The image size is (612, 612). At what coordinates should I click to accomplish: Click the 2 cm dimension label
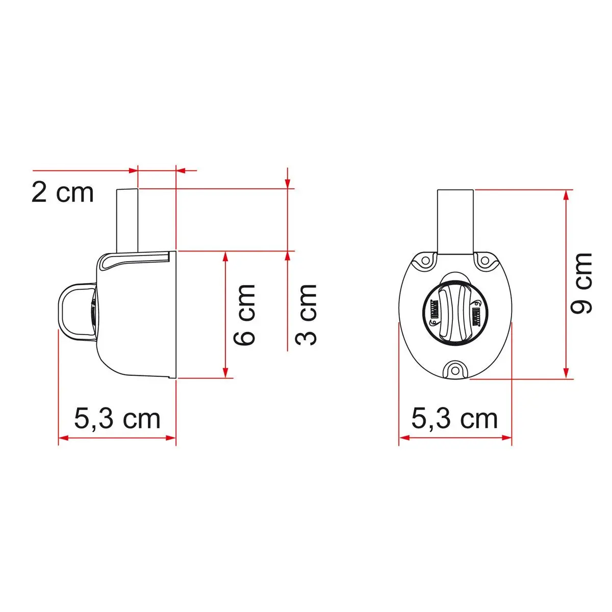pyautogui.click(x=63, y=193)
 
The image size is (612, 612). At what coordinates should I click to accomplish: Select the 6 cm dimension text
pyautogui.click(x=244, y=315)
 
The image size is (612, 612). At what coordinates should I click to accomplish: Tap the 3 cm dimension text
pyautogui.click(x=306, y=315)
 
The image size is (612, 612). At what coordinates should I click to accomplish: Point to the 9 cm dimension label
pyautogui.click(x=581, y=284)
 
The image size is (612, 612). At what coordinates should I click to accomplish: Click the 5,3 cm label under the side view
pyautogui.click(x=117, y=419)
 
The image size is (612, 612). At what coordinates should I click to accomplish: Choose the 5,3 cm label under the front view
pyautogui.click(x=454, y=419)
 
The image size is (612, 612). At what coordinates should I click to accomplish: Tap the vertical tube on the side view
pyautogui.click(x=127, y=220)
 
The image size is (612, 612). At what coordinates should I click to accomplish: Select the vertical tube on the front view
pyautogui.click(x=455, y=221)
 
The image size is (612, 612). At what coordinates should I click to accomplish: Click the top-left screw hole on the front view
pyautogui.click(x=426, y=261)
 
